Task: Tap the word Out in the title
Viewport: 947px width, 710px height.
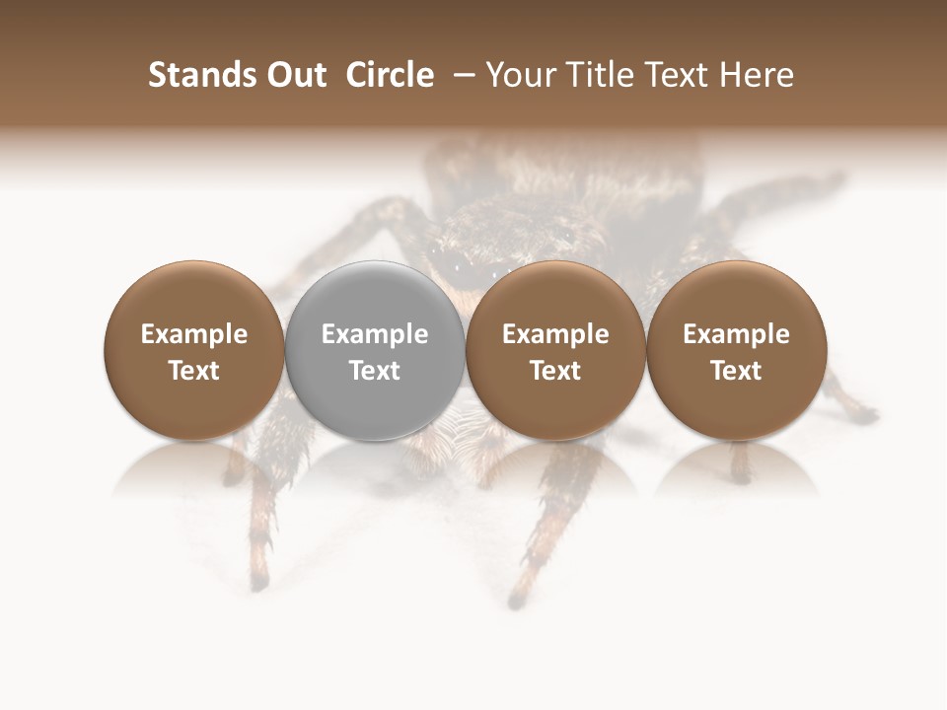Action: coord(294,75)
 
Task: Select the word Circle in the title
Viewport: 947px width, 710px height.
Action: coord(390,75)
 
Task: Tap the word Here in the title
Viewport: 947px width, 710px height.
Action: coord(759,75)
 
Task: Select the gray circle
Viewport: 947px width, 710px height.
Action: coord(375,350)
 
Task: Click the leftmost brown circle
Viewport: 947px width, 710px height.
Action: coord(194,350)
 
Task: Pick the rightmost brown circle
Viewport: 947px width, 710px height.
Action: coord(737,350)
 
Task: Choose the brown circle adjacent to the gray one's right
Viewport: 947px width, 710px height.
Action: coord(555,350)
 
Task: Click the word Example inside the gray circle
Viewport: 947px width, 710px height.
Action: coord(375,334)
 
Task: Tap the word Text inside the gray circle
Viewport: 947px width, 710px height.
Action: coord(375,371)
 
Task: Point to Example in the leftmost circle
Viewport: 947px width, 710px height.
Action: coord(194,334)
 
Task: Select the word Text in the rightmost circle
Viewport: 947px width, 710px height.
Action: coord(737,371)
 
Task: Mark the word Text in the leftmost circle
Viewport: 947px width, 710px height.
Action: coord(194,371)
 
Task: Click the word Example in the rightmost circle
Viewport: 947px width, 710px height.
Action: coord(737,334)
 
